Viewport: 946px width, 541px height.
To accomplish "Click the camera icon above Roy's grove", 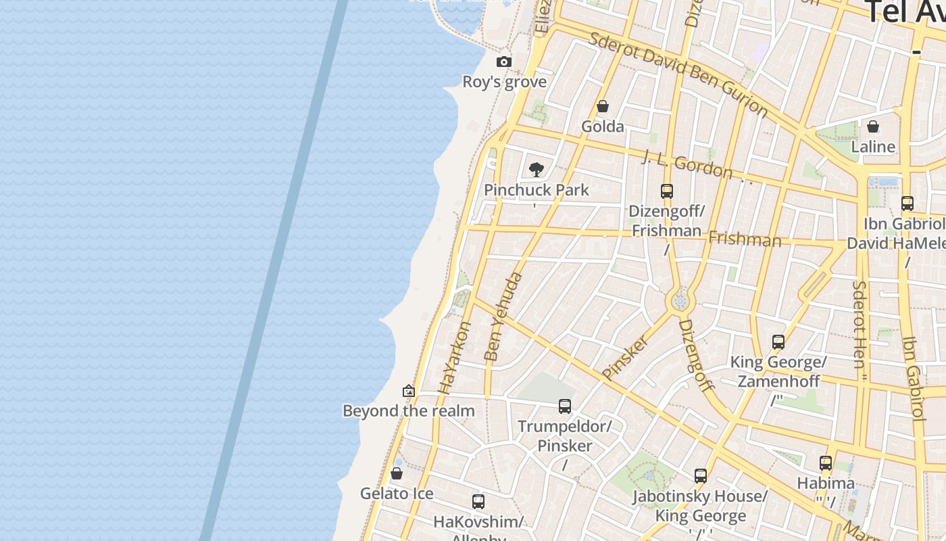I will point(504,62).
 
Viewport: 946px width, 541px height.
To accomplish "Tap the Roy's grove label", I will point(504,82).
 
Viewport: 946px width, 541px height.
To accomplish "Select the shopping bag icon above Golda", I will point(603,107).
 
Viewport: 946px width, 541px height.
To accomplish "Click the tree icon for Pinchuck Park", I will point(537,170).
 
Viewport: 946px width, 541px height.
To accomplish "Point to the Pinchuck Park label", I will point(537,190).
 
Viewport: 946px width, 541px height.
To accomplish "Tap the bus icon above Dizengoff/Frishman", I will point(667,191).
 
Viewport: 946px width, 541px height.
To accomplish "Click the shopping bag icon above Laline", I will point(873,127).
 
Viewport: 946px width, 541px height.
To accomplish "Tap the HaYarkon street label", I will point(454,358).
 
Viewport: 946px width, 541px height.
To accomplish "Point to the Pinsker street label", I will point(624,357).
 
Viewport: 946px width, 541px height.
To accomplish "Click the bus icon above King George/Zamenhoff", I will point(778,342).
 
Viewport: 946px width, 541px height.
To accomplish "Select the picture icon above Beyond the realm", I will point(409,391).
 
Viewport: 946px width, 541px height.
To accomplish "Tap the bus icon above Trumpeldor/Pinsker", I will point(565,406).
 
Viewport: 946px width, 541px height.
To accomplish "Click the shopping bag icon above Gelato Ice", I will point(397,473).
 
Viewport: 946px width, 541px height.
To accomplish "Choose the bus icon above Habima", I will point(826,463).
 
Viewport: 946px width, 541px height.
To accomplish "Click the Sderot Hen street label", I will point(859,325).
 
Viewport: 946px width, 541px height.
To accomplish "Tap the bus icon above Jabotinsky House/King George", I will point(701,476).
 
